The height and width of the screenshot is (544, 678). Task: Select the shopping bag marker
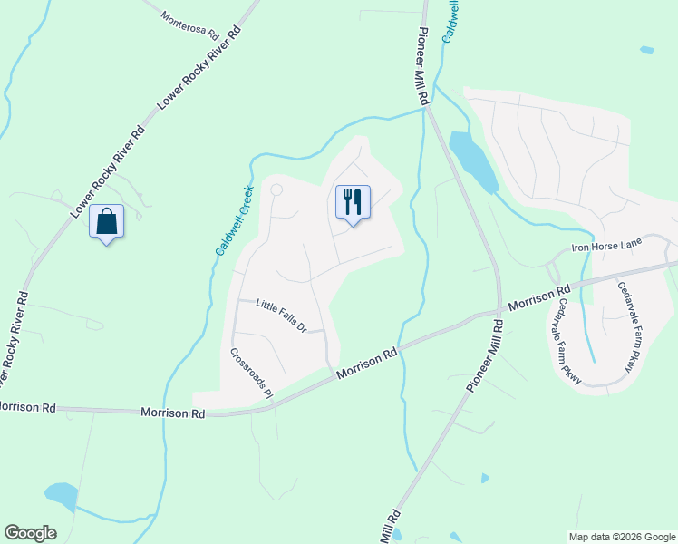pos(106,221)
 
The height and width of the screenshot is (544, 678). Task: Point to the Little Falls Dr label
pos(282,315)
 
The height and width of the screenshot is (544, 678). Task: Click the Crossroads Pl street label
pos(251,374)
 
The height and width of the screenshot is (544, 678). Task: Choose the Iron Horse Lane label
pos(606,247)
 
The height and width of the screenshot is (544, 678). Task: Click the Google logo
pos(30,533)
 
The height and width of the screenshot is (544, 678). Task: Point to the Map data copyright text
pos(621,537)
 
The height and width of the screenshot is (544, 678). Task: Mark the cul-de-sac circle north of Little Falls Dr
pos(276,189)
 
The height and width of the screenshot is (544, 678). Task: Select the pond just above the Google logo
pos(61,495)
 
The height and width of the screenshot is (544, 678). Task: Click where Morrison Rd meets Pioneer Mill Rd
pos(499,313)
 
